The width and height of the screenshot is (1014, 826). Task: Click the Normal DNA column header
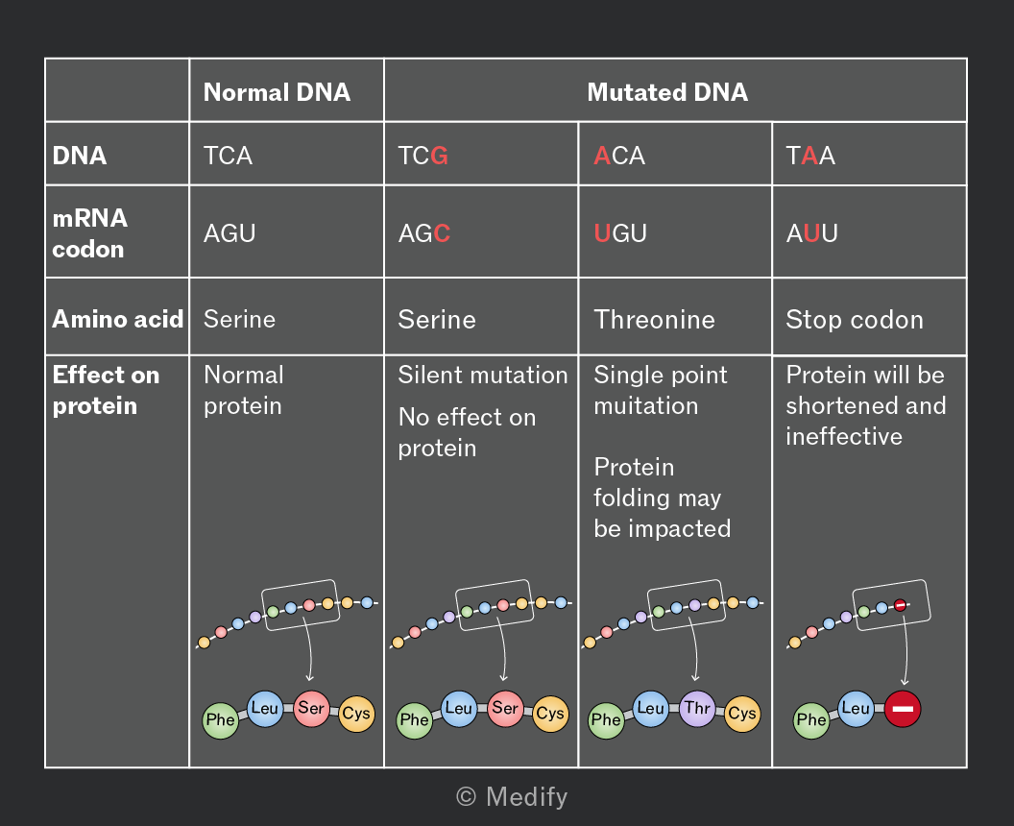277,92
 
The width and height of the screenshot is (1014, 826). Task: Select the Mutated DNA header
667,92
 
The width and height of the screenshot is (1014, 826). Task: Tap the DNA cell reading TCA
228,156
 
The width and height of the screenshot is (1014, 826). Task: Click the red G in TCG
439,156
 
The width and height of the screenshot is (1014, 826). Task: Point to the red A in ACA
602,156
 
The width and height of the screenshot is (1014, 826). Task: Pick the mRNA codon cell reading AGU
229,232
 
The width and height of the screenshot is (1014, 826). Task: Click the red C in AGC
443,232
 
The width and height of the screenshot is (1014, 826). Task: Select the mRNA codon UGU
620,232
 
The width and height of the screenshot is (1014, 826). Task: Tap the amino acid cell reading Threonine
655,320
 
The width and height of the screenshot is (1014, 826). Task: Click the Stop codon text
855,320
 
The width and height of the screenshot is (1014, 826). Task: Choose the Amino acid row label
118,319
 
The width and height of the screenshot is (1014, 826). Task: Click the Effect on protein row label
106,390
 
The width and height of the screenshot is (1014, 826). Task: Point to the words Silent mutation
482,376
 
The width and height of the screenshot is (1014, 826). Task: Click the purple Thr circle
697,708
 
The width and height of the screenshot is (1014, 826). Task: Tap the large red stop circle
902,709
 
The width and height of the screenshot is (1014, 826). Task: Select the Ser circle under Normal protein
311,708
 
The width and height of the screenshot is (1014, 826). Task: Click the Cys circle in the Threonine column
741,714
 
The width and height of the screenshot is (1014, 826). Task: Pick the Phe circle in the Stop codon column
811,720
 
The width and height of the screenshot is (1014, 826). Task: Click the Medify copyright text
512,797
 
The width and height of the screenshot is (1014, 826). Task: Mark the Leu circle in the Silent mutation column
458,708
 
